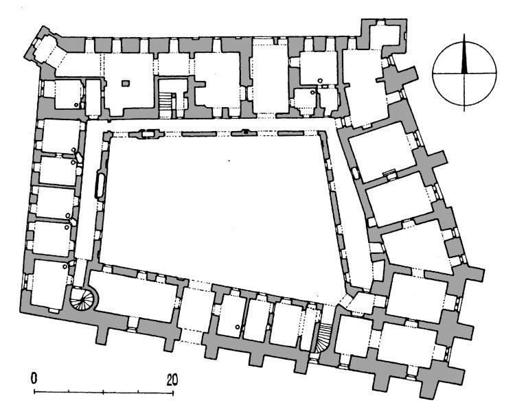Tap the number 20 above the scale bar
(x=172, y=380)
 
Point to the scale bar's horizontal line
(x=104, y=391)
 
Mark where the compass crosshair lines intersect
(x=464, y=73)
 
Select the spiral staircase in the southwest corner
(x=83, y=299)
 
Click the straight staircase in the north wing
(x=166, y=101)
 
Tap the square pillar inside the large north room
(x=126, y=83)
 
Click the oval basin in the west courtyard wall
(x=100, y=185)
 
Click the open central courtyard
(x=217, y=203)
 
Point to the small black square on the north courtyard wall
(x=246, y=132)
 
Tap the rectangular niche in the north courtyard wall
(x=148, y=133)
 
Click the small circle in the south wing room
(x=238, y=327)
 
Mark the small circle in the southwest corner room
(x=65, y=266)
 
